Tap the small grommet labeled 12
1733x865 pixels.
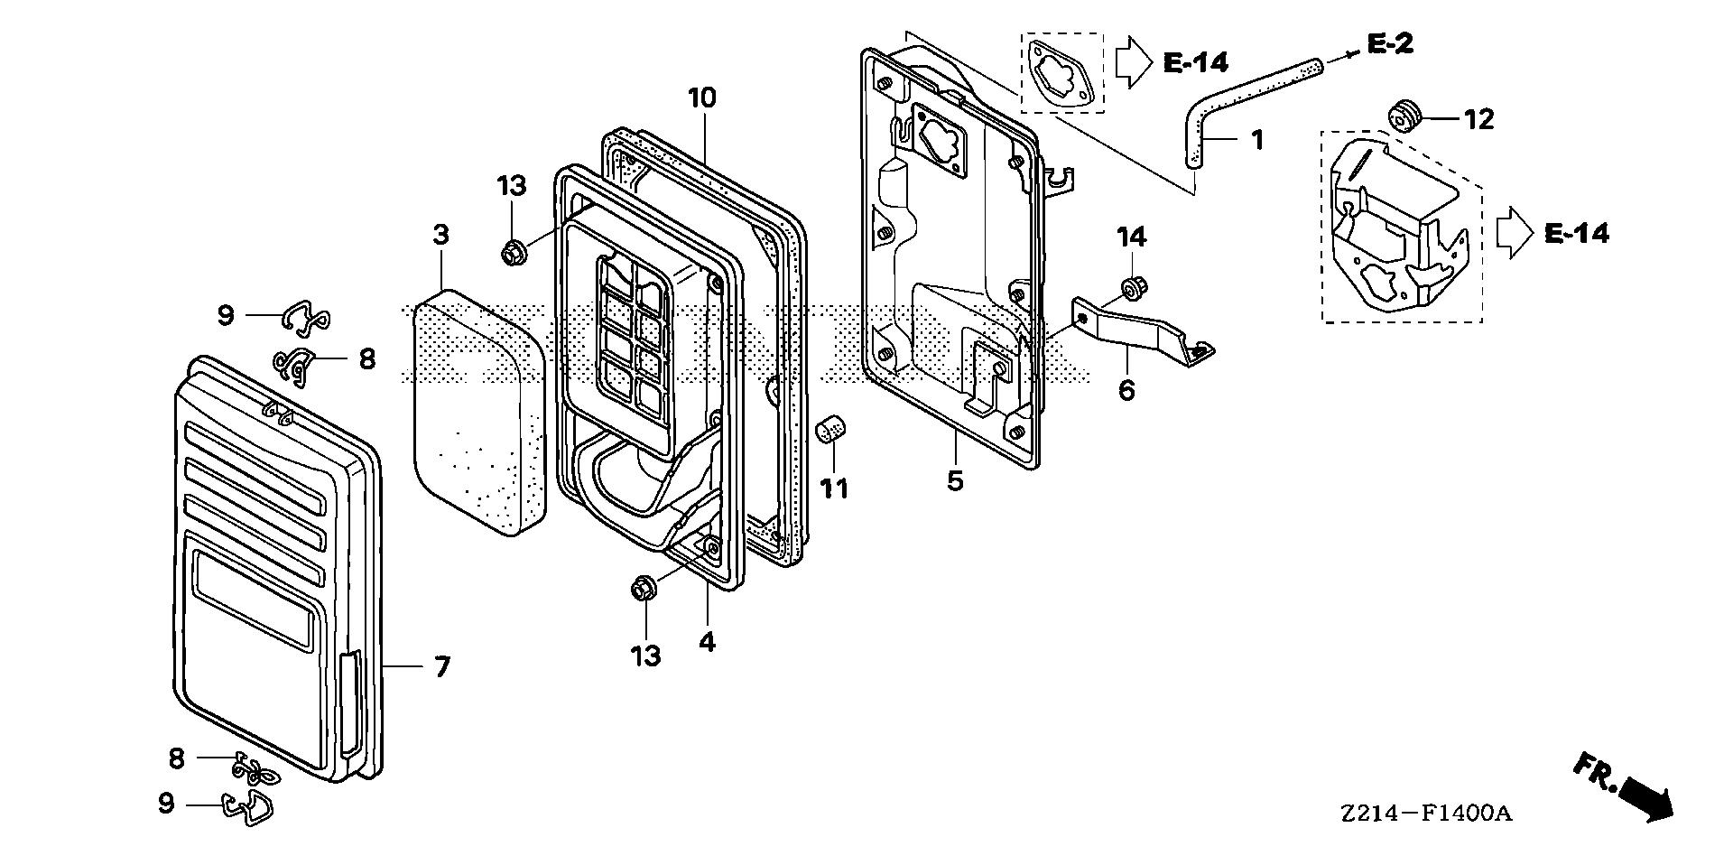[1403, 116]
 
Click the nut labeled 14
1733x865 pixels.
[1129, 288]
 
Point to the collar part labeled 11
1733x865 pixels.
[831, 432]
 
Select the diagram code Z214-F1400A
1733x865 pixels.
[1425, 814]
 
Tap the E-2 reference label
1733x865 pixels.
[1390, 42]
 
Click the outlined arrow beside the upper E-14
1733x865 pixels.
[1134, 61]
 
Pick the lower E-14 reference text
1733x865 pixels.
[1576, 234]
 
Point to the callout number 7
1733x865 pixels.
[441, 667]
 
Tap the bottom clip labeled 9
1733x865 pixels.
[249, 807]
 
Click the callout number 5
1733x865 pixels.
[955, 481]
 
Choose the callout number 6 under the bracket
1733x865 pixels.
[1126, 391]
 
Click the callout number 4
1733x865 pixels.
[707, 642]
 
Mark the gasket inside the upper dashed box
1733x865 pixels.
[1061, 72]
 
